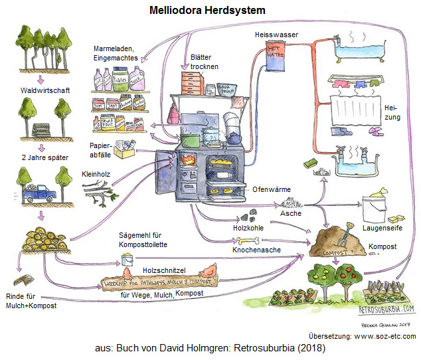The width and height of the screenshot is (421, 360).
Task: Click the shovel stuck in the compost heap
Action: pos(343,234)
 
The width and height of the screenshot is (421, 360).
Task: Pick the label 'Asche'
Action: pos(292,213)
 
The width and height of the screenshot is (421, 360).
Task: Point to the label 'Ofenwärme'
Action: pos(271,189)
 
